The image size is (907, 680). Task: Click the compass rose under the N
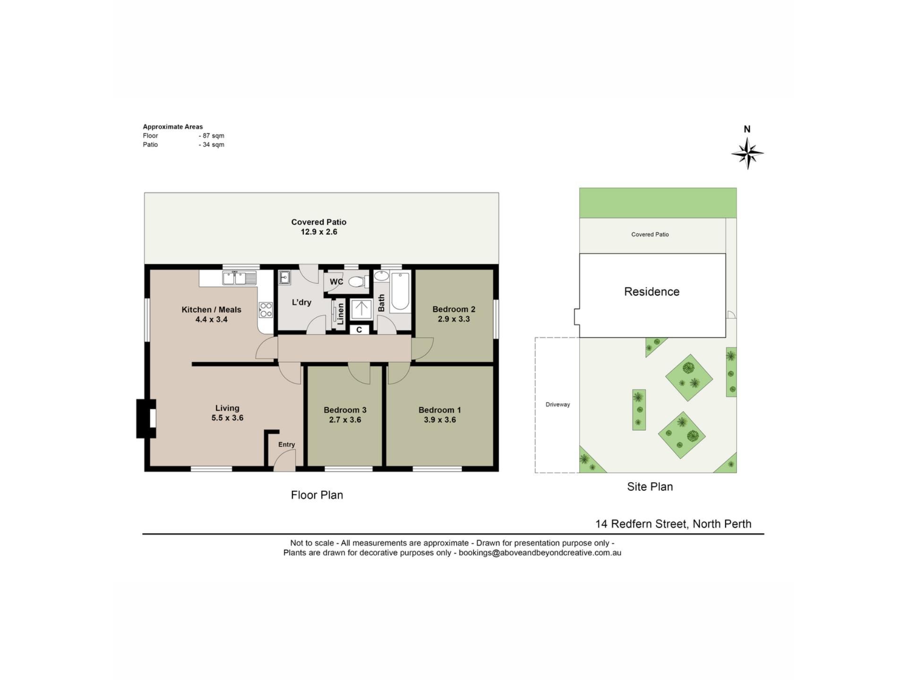747,153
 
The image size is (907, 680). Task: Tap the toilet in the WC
358,282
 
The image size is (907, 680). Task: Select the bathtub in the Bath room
401,291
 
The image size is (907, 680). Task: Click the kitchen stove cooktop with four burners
265,310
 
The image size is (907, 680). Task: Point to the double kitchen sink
240,278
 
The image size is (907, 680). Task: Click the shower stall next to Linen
361,309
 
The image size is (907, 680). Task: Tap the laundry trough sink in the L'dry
284,277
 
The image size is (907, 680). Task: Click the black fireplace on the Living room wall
146,419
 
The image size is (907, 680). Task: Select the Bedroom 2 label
454,309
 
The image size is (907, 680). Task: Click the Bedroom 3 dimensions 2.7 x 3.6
345,420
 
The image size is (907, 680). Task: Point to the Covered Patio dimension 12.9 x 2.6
319,232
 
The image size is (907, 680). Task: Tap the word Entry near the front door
287,444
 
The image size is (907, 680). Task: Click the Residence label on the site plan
652,292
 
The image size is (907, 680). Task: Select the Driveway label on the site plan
558,405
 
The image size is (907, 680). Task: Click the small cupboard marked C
359,330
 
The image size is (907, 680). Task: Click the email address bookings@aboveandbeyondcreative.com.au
540,553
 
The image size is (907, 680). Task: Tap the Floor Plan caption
317,495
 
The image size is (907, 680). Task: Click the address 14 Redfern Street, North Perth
673,524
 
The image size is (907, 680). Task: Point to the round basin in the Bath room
382,276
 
